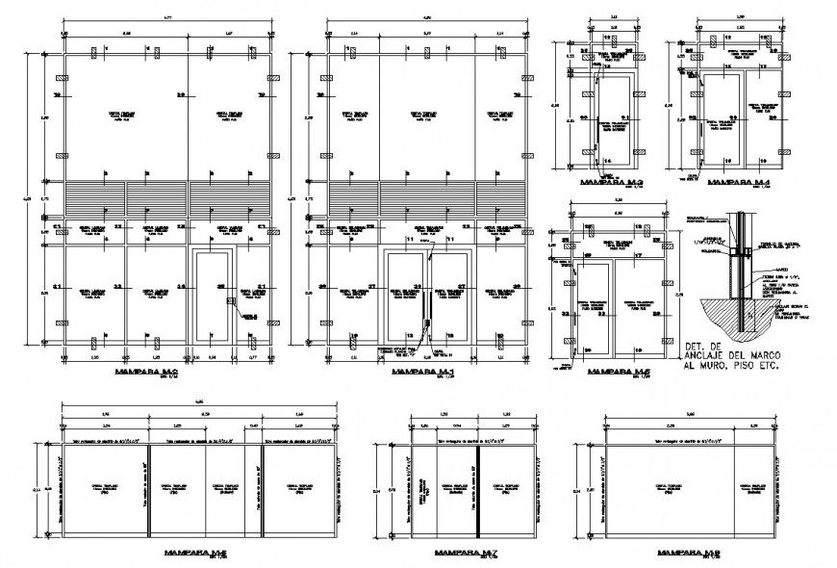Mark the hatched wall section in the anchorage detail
click(717, 315)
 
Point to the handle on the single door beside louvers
click(230, 302)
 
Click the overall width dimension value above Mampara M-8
click(687, 415)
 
